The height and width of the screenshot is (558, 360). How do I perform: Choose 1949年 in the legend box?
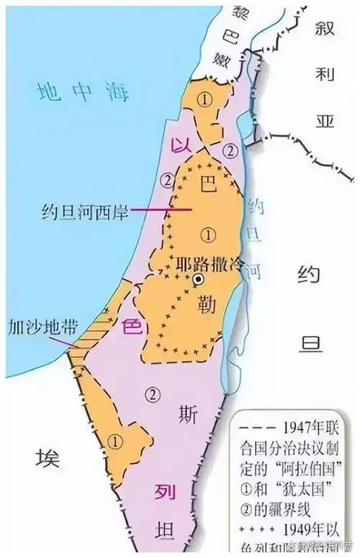click(311, 531)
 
